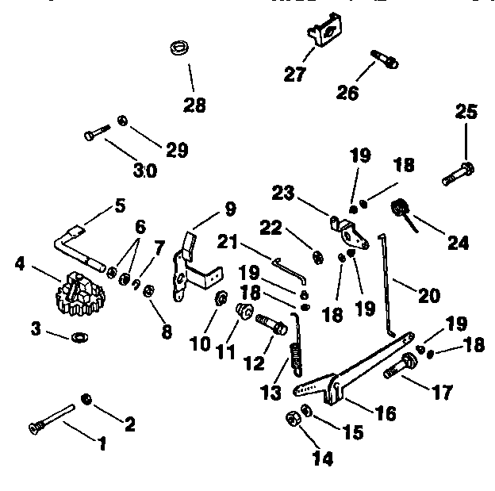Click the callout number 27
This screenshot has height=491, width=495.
[295, 75]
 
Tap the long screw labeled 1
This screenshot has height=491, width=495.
[54, 417]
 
